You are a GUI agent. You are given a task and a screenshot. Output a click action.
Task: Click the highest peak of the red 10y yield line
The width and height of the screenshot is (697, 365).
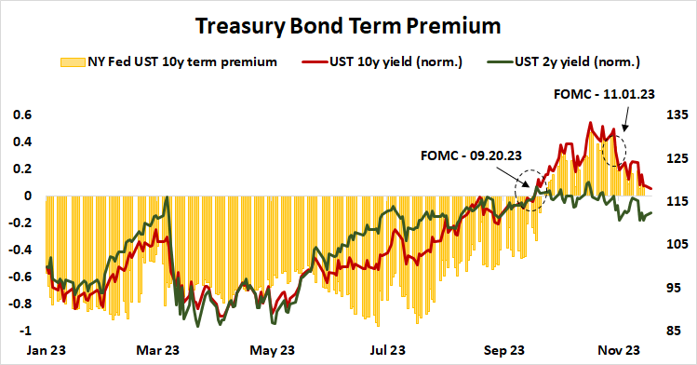pos(590,123)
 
